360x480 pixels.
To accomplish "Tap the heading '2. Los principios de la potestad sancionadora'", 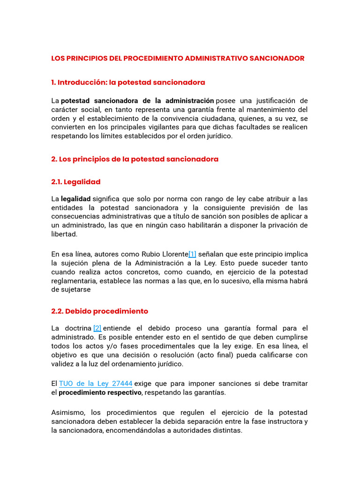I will pos(135,159).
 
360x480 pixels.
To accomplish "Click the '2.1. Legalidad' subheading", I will pos(75,182).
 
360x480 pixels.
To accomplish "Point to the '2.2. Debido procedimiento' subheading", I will pos(99,311).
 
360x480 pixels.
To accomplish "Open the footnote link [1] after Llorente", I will pos(192,254).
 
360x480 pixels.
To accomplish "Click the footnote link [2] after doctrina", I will pos(97,328).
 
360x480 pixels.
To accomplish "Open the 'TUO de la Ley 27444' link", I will pos(96,383).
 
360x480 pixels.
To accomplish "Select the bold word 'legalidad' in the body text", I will pos(75,199).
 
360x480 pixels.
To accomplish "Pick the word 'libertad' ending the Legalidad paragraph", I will pos(64,234).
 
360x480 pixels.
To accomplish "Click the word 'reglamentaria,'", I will pos(75,280).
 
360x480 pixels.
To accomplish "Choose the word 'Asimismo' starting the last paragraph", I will pos(69,412).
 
